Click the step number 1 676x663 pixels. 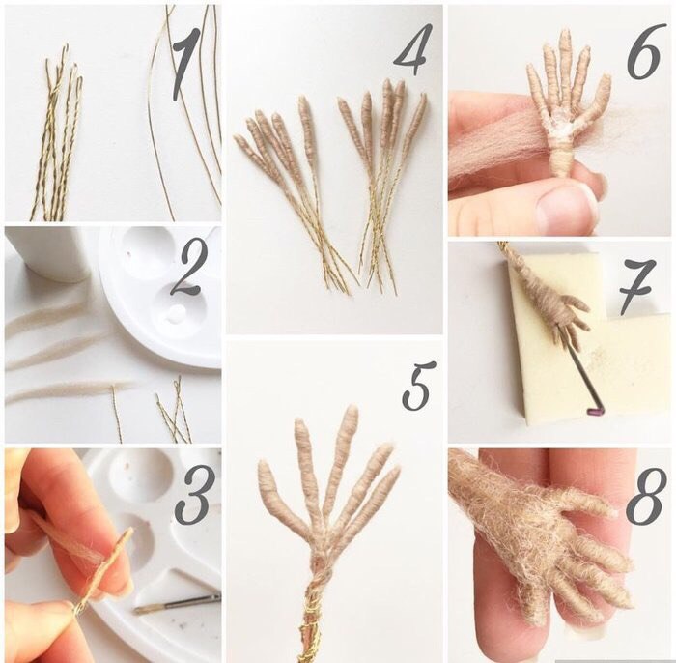[186, 65]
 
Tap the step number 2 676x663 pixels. [186, 270]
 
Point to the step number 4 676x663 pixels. [413, 48]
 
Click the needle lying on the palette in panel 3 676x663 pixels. [177, 604]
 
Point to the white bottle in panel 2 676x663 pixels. [47, 253]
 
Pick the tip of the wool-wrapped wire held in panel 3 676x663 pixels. [130, 531]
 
